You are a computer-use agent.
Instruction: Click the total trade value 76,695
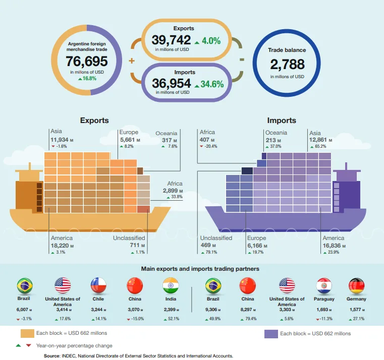click(87, 62)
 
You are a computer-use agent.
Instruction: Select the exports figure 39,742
click(171, 40)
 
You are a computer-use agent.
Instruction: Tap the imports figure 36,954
click(172, 83)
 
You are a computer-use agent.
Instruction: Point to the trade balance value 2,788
click(287, 64)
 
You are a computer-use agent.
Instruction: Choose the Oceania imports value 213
click(271, 140)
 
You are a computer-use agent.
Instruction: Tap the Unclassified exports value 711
click(122, 246)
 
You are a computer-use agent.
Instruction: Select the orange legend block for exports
click(27, 333)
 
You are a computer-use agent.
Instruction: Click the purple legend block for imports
click(271, 333)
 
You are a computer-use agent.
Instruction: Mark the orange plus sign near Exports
click(132, 61)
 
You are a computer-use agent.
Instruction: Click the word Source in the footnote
click(53, 355)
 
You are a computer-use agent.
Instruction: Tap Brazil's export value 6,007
click(22, 310)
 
